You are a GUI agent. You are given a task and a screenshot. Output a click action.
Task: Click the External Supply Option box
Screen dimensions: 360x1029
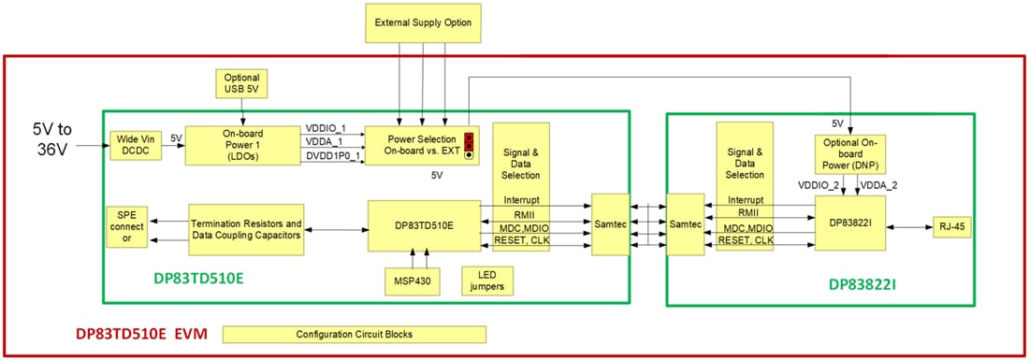click(423, 22)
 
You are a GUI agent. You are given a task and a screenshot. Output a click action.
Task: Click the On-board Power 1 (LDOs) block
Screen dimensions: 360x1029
click(243, 146)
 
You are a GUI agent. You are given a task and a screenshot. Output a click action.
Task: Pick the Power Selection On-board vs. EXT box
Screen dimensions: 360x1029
click(414, 145)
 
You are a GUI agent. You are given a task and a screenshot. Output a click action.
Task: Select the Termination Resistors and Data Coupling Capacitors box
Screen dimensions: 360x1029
click(246, 230)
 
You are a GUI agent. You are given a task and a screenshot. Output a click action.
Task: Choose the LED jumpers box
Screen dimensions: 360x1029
click(487, 280)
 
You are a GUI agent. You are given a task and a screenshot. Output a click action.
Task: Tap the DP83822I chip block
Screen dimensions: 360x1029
click(849, 223)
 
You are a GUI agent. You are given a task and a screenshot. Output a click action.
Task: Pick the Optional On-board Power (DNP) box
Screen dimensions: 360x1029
click(851, 154)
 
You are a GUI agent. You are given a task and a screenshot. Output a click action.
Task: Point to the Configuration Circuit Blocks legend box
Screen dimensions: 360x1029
click(355, 334)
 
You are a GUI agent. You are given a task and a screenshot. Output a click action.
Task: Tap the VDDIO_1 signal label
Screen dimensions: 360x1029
click(326, 128)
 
